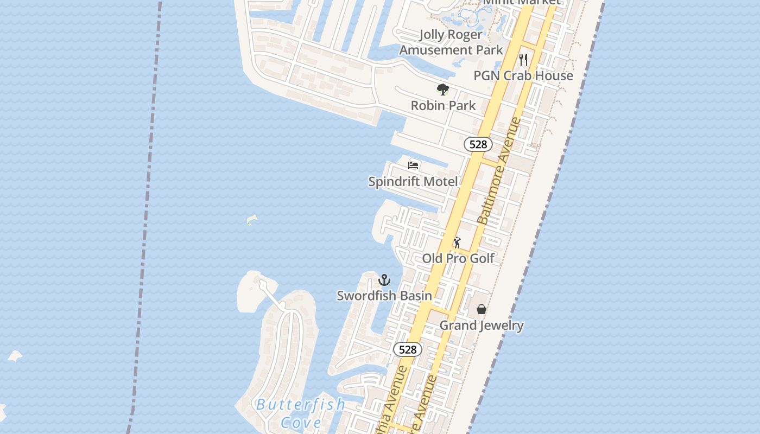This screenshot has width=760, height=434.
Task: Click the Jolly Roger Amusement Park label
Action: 451,42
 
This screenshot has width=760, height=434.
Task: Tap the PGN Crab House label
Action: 523,76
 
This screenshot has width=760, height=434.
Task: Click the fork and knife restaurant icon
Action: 523,59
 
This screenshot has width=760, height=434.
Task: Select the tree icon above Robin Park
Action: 443,90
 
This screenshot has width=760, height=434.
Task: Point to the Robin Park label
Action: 443,105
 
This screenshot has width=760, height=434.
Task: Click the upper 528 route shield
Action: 478,144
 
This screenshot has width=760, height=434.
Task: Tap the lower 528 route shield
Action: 408,349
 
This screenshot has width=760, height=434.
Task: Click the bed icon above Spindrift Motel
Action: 414,165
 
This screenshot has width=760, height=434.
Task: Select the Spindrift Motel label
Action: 413,182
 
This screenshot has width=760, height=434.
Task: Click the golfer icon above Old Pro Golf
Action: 457,242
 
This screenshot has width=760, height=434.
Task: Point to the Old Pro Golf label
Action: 458,258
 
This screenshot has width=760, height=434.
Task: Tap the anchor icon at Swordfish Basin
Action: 384,280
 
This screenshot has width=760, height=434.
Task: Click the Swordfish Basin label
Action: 384,296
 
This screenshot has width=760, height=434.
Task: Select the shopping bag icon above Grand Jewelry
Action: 481,309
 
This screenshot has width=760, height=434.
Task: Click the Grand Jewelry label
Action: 482,325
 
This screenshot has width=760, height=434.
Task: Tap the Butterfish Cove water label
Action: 300,413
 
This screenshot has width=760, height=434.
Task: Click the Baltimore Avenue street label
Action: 499,171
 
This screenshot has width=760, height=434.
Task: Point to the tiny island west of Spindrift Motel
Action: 252,220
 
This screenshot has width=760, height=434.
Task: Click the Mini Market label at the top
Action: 521,2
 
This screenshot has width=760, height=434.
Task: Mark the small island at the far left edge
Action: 15,356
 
